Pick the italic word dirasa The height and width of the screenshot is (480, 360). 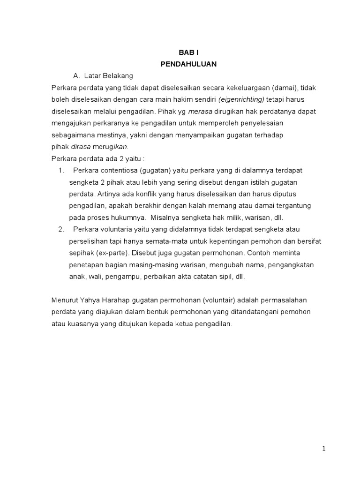tap(80, 146)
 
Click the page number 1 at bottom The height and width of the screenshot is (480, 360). tap(323, 449)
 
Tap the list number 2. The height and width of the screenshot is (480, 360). tap(61, 229)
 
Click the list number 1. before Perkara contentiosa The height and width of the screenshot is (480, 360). tap(61, 170)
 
